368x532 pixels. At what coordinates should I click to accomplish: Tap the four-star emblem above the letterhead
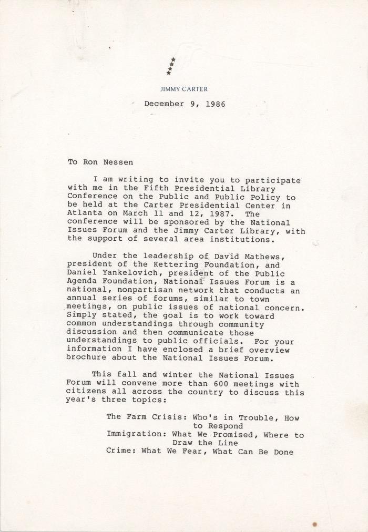[x=171, y=66]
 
